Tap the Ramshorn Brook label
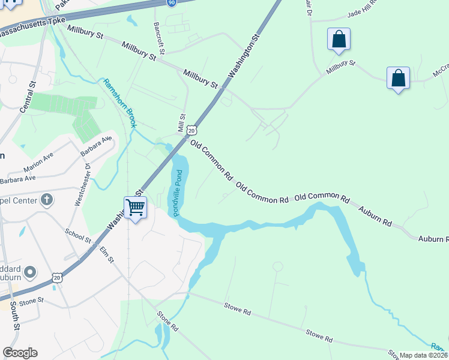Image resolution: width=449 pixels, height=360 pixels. click(x=120, y=103)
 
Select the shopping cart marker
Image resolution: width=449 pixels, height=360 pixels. click(x=135, y=208)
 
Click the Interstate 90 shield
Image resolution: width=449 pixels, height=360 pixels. click(x=171, y=2)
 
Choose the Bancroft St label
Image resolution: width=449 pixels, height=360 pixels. click(x=158, y=37)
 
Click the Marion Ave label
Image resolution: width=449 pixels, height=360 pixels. click(x=38, y=160)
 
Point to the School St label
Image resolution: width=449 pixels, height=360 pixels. click(x=78, y=236)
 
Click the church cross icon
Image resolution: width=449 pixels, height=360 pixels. click(x=46, y=201)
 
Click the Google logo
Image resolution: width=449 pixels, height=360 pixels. click(x=20, y=353)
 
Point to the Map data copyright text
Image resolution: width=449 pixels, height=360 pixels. click(x=424, y=355)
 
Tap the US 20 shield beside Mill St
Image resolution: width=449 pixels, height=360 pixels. click(x=191, y=130)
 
